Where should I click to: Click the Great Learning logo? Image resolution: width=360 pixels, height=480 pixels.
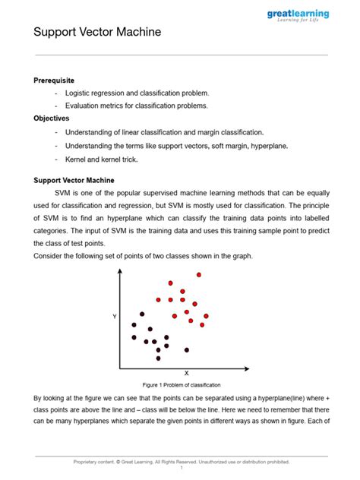pos(298,17)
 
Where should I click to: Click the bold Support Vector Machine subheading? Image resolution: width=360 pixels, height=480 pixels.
pos(74,180)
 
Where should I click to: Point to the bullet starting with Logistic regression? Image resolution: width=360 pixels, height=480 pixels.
pos(136,93)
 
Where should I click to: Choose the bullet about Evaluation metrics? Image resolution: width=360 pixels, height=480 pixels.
pos(136,106)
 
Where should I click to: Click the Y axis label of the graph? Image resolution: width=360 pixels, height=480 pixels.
pos(115,316)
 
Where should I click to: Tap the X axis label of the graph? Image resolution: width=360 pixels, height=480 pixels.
pos(186,373)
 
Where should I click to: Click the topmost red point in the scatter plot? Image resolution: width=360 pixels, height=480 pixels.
pos(199,275)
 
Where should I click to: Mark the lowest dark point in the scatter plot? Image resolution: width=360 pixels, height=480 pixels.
pos(158,358)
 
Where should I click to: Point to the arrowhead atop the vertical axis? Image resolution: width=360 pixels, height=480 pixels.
pos(120,272)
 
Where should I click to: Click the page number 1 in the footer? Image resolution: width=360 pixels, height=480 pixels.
pos(182,468)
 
